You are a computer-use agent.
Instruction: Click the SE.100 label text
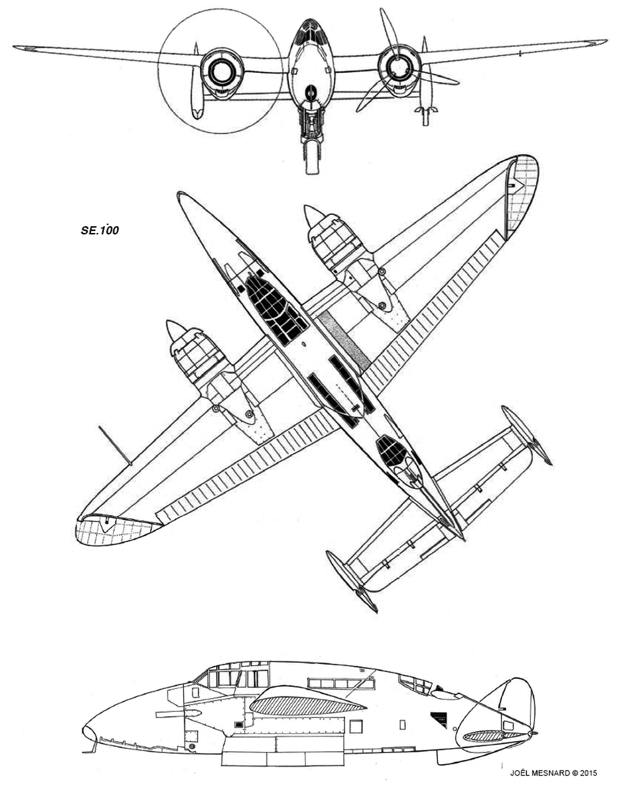pyautogui.click(x=100, y=230)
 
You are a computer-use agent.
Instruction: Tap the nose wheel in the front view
pyautogui.click(x=311, y=157)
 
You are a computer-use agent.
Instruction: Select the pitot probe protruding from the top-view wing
pyautogui.click(x=115, y=445)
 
